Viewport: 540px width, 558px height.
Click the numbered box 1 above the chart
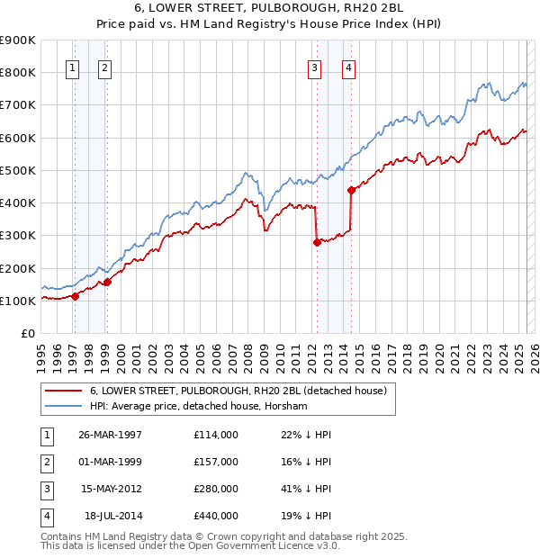71,66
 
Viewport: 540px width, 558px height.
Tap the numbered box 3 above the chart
314,66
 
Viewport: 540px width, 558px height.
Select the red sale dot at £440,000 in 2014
351,189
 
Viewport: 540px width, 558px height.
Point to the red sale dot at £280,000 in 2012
317,241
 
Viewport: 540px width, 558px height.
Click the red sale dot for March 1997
76,296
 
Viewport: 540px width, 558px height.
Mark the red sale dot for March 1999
107,282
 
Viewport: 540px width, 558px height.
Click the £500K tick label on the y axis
17,170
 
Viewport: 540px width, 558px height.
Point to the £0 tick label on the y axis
27,333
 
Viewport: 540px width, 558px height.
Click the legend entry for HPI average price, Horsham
198,407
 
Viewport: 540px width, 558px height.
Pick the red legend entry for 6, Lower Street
238,391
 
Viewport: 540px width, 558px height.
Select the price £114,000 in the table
215,435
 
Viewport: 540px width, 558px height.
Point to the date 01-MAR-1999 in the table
111,462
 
